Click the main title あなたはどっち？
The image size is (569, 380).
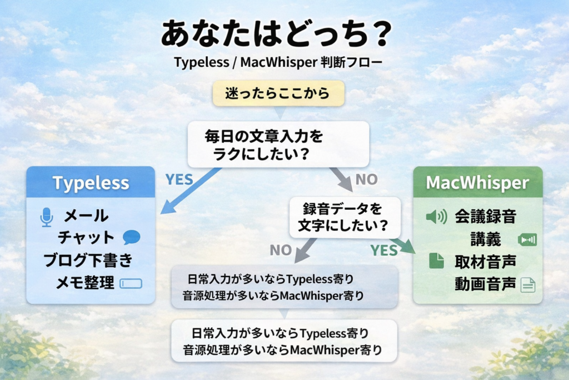[x=276, y=34]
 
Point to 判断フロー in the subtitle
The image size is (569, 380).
[x=344, y=62]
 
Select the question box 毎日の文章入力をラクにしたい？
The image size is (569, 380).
[x=278, y=144]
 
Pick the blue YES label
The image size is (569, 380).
[x=179, y=179]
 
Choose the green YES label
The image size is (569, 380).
[x=385, y=250]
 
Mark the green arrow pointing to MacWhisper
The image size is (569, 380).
[x=405, y=245]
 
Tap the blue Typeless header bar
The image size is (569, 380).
[x=91, y=182]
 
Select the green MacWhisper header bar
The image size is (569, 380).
[x=477, y=182]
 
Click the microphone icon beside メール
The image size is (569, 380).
[x=47, y=216]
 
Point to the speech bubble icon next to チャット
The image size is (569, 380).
[x=131, y=238]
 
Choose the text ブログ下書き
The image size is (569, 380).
[x=88, y=260]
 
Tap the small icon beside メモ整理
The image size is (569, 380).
[x=131, y=283]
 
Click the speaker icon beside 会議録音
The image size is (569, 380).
[x=436, y=216]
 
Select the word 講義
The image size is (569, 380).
[x=485, y=239]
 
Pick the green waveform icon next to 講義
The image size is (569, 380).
[x=527, y=240]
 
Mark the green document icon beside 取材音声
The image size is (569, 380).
[x=436, y=261]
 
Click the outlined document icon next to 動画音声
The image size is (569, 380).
[x=527, y=285]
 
